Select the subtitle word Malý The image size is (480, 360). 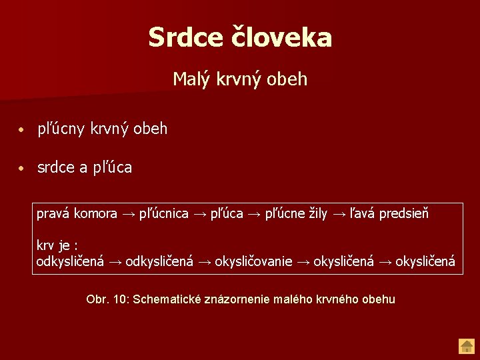coord(191,79)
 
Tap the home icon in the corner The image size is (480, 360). coord(466,346)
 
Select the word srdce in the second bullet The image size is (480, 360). coord(56,168)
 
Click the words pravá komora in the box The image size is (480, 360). coord(77,214)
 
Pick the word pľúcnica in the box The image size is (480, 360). coord(163,214)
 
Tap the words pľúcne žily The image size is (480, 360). coord(296,214)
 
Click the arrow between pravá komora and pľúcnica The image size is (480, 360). coord(128,214)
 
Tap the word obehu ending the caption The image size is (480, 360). coord(378,299)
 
